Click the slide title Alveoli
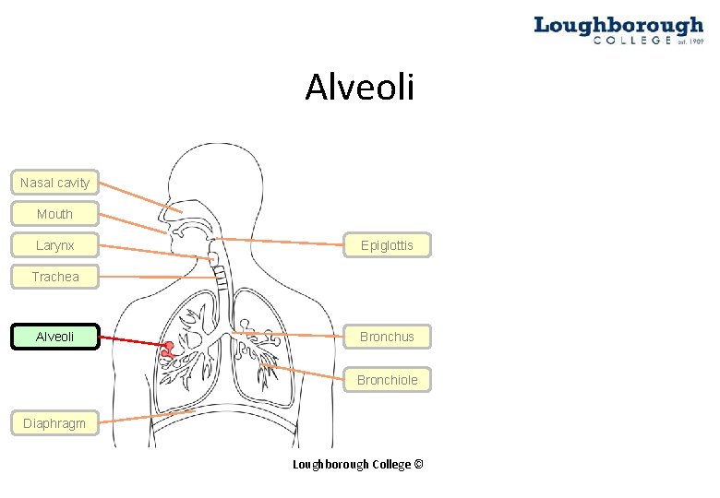(360, 89)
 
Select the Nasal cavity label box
(54, 183)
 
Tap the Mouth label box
(54, 214)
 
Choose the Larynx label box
(54, 245)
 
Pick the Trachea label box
(54, 277)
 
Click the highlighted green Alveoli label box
(54, 337)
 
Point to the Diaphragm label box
(54, 423)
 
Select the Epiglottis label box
(387, 245)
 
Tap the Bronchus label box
(387, 337)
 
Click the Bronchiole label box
(387, 380)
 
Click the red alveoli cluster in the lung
(168, 350)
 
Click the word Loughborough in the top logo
(618, 25)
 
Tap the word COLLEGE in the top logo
(632, 41)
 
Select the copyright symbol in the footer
(419, 465)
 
